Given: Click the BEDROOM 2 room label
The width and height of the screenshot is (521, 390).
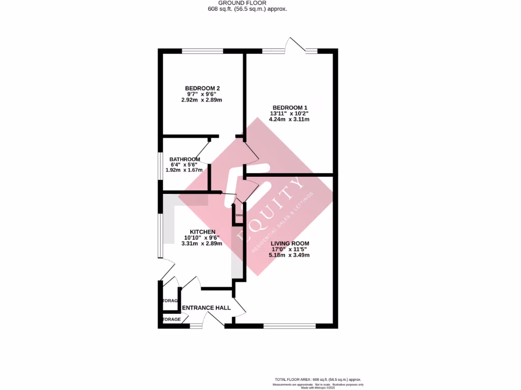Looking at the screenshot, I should coord(202,88).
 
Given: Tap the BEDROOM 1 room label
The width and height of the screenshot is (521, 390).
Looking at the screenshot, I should coord(290,107).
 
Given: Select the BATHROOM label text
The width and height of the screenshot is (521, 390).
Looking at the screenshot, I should coord(185,159).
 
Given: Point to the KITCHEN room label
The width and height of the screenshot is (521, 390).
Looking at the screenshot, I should coord(202,232).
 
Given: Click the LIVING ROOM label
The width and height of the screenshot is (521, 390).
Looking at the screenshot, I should coord(290,243).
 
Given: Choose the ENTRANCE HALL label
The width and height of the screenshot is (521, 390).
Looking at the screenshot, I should coord(206,308).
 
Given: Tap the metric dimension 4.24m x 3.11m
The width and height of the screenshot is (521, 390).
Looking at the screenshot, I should coord(290,120).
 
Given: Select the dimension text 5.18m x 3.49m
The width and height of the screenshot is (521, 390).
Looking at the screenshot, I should coord(290,255).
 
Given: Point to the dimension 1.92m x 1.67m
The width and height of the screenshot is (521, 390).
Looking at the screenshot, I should coord(185,170).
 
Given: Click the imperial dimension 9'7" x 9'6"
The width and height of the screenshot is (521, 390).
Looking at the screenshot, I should coord(202,94).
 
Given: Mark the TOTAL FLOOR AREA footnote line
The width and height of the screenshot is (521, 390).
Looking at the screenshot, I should coord(318,379).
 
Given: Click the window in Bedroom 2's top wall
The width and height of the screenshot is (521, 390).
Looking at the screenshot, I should coord(202,51).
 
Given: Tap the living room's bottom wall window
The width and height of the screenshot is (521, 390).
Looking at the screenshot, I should coord(290,325).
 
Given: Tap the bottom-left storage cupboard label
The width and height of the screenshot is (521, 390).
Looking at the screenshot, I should coord(171,319).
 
